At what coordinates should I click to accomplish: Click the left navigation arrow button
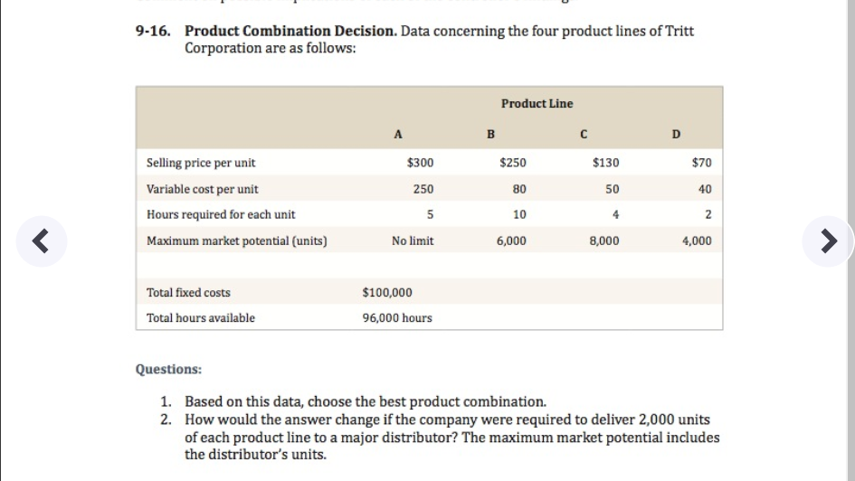[40, 241]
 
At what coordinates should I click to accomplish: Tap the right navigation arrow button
[827, 241]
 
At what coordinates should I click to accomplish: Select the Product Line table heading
[537, 104]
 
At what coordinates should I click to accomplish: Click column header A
[398, 136]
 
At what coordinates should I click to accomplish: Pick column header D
[676, 136]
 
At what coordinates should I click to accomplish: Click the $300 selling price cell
[421, 163]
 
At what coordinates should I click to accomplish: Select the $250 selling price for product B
[513, 163]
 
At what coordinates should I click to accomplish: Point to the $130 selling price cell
[605, 163]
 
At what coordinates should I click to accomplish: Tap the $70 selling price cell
[701, 163]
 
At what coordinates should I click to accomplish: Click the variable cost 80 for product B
[518, 189]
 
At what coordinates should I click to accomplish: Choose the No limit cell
[413, 241]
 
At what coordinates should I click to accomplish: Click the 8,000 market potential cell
[604, 241]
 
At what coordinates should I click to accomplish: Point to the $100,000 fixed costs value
[387, 293]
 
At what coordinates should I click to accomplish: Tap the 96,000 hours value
[397, 318]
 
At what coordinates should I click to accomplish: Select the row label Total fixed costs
[188, 293]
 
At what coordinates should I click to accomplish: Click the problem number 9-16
[154, 32]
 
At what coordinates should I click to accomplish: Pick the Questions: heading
[168, 370]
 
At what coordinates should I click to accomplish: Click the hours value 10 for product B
[518, 215]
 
